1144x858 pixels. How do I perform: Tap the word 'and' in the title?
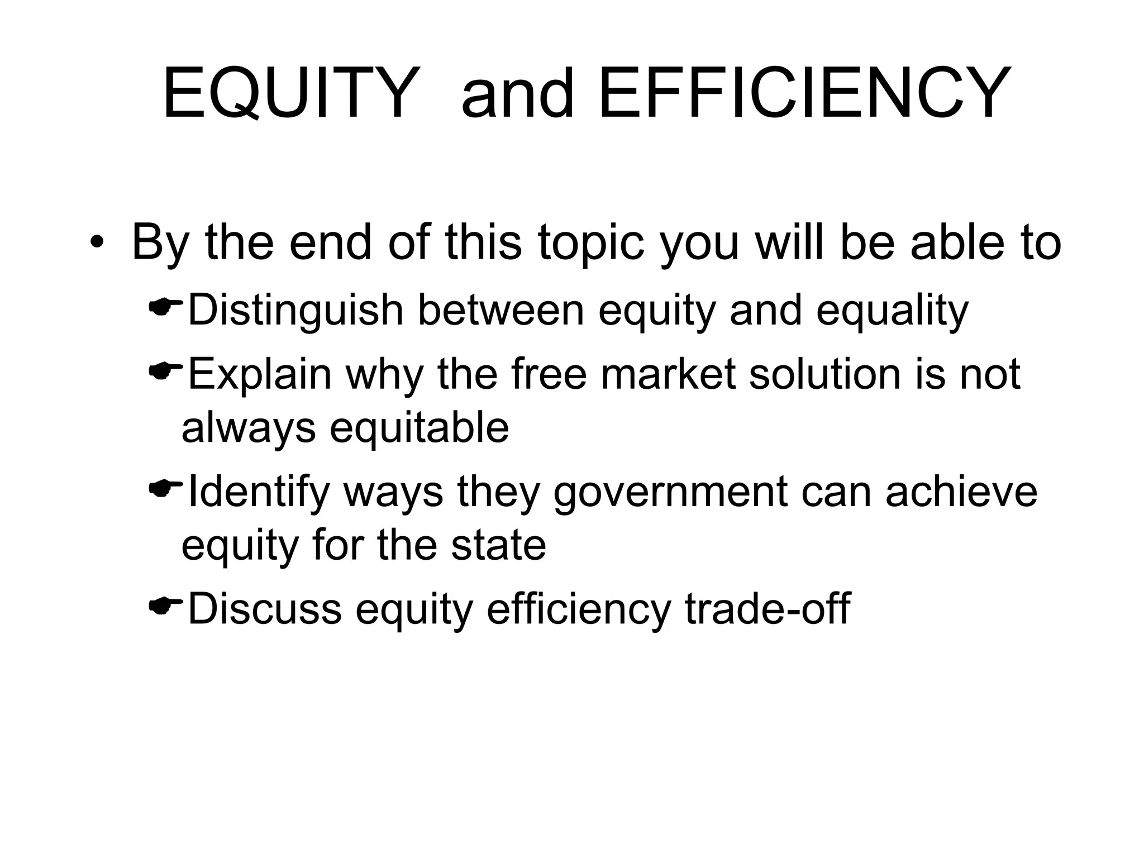coord(518,93)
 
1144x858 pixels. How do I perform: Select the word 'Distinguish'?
coord(295,311)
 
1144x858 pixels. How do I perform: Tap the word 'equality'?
coord(892,311)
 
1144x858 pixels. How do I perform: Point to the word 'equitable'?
coord(419,428)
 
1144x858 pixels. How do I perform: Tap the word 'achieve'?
coord(961,493)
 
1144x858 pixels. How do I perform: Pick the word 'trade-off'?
coord(768,609)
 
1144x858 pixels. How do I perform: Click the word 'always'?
coord(249,428)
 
